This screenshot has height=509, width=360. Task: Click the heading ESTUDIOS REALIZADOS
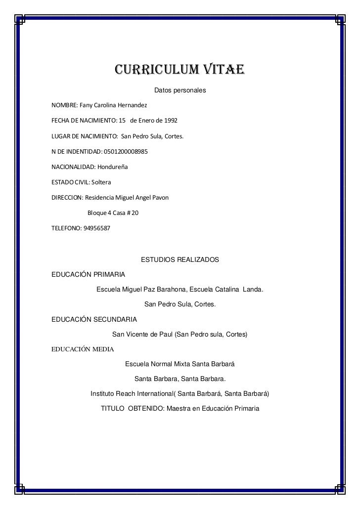pos(180,259)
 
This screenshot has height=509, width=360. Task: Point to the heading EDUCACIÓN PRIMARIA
pos(89,274)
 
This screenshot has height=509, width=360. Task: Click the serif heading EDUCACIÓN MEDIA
pos(83,349)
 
